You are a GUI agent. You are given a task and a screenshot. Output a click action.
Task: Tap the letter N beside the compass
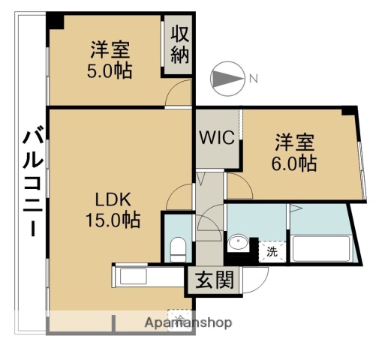coord(254,78)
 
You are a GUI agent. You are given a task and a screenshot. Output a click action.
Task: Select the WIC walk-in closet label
coord(218,138)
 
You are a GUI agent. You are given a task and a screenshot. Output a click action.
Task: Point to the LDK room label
coord(113,199)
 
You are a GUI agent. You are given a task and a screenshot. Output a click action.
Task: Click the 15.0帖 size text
coord(113,220)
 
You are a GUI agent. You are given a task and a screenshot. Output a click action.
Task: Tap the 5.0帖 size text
coord(110,72)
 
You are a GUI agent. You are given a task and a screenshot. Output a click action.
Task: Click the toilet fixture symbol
coord(178,247)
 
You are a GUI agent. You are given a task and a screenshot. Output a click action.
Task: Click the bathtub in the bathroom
coord(320,248)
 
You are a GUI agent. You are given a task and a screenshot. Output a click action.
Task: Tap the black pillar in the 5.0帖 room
coord(55,21)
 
